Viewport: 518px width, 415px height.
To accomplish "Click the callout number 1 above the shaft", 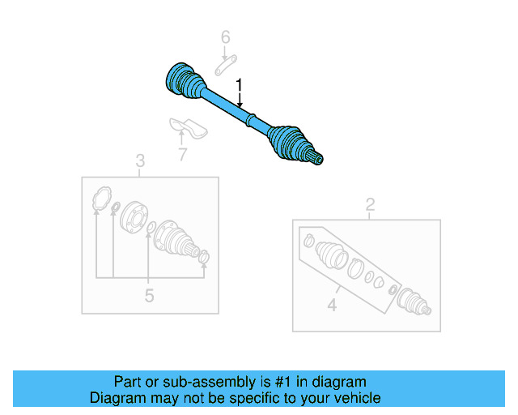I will point(239,84).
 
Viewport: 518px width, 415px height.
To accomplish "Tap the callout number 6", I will point(226,36).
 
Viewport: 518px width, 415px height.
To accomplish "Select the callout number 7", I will point(182,152).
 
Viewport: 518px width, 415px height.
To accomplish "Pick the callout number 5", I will point(149,296).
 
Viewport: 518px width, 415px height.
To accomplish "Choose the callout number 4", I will point(331,306).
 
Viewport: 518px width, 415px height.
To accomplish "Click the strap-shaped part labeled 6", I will point(226,64).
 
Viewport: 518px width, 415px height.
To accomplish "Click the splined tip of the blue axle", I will point(318,158).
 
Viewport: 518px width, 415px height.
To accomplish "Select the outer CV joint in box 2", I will point(414,305).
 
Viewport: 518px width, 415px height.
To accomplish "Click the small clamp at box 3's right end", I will point(204,258).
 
